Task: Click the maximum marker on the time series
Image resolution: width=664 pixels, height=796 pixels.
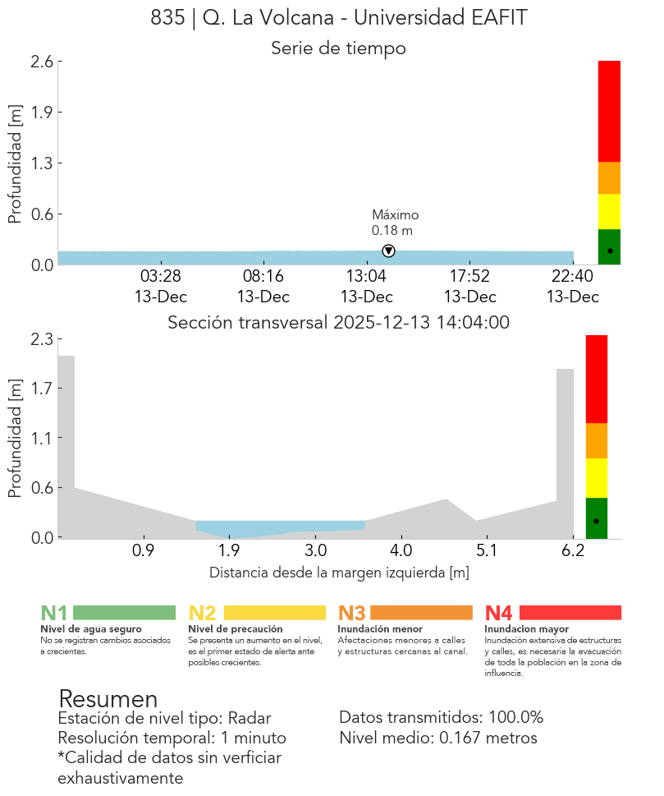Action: tap(388, 251)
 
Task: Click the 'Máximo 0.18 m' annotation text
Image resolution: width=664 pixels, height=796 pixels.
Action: tap(395, 223)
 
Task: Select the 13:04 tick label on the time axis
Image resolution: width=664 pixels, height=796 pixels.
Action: tap(366, 276)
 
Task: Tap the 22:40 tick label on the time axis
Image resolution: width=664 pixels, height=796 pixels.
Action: tap(572, 276)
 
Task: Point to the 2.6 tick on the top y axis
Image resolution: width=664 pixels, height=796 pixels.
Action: tap(43, 62)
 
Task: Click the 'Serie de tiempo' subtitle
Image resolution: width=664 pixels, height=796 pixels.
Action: tap(338, 48)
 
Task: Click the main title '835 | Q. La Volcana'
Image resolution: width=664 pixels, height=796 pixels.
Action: tap(338, 18)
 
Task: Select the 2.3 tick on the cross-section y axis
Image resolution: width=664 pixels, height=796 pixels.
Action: tap(43, 339)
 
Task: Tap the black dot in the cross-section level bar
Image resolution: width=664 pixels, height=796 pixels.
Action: tap(596, 521)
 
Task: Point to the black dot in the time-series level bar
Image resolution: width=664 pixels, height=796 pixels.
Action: tap(609, 251)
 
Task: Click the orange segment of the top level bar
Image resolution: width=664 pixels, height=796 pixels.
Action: tap(609, 177)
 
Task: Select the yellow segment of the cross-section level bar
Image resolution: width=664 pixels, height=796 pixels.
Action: tap(596, 477)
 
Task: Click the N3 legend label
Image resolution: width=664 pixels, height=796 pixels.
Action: tap(352, 613)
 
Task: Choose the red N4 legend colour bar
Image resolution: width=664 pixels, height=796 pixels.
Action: tap(570, 613)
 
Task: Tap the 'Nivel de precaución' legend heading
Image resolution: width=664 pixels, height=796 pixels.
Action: tap(236, 629)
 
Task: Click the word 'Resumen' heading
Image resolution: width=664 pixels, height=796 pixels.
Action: tap(108, 699)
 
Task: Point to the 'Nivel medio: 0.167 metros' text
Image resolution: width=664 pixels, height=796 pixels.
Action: tap(437, 738)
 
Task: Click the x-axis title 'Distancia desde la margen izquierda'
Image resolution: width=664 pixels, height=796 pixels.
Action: tap(338, 573)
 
